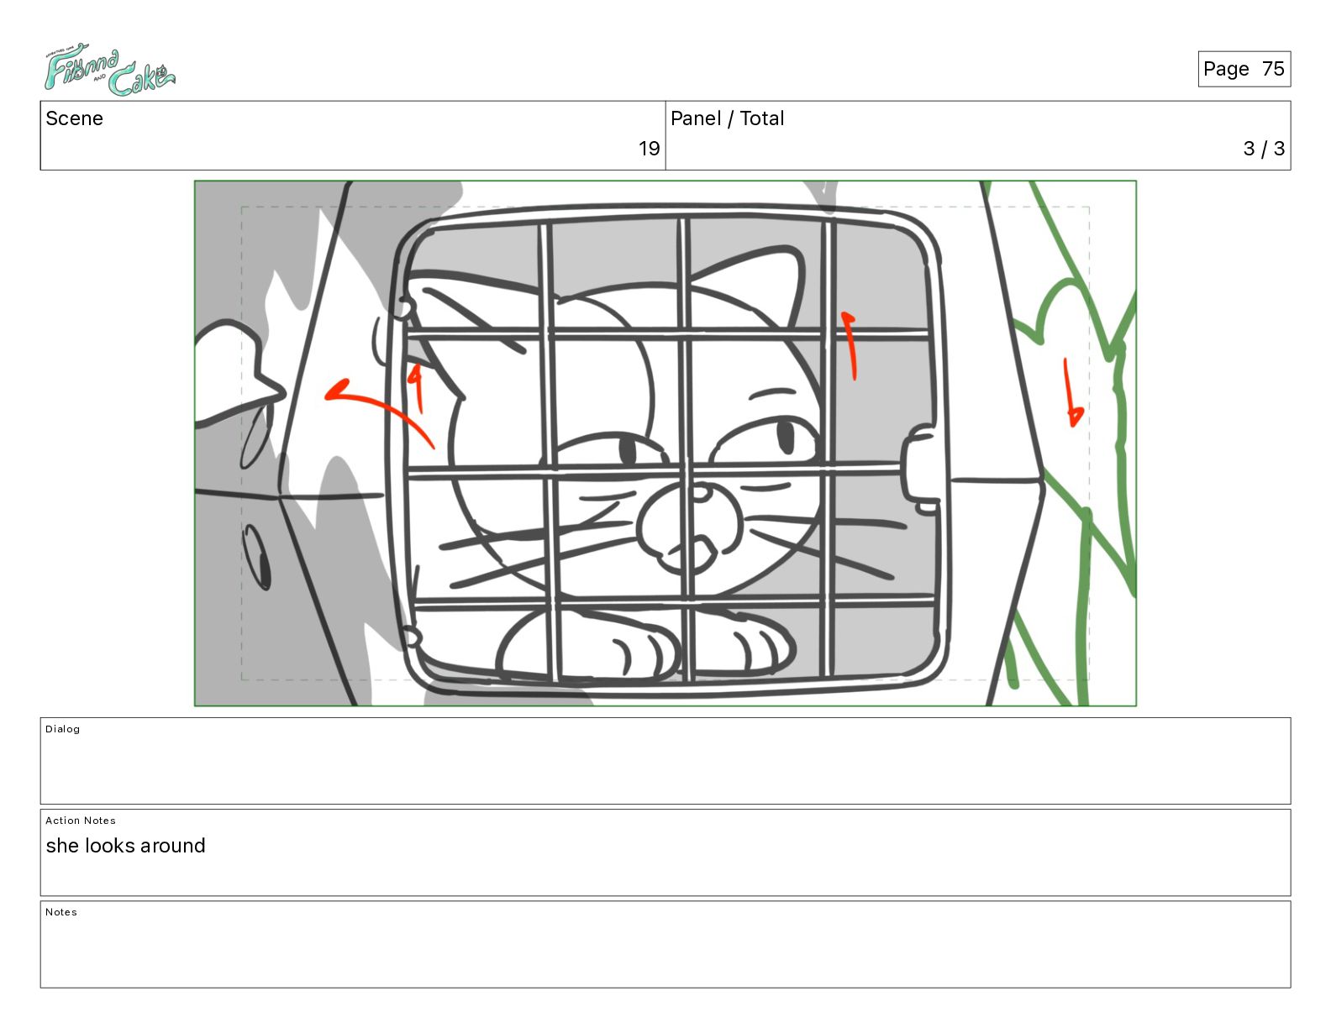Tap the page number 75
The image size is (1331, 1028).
(1273, 69)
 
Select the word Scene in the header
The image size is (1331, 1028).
(74, 118)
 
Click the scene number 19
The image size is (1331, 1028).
(649, 148)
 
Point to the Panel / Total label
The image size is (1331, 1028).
(727, 118)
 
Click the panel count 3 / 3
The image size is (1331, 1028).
(1264, 148)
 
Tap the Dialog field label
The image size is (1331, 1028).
(62, 729)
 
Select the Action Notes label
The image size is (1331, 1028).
(80, 821)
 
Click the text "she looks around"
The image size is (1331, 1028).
(125, 846)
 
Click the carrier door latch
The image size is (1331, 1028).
(919, 469)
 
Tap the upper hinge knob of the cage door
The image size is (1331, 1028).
(403, 307)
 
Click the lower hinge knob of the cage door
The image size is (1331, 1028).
(413, 637)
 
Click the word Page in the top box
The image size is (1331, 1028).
(1226, 69)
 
